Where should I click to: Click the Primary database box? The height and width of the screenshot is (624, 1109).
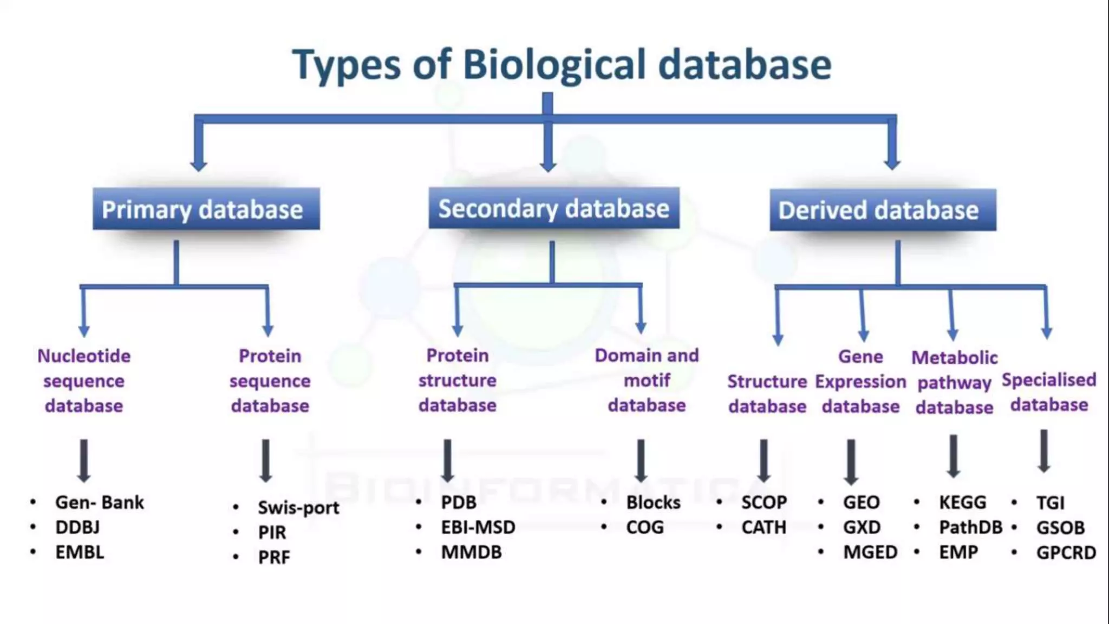click(x=206, y=209)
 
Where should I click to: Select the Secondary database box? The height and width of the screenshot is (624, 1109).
click(x=553, y=208)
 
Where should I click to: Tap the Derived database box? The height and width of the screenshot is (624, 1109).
click(x=883, y=210)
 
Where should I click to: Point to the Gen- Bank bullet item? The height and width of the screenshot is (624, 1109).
click(x=100, y=502)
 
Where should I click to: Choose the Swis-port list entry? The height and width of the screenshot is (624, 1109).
click(x=298, y=508)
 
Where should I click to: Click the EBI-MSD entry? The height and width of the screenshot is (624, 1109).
click(x=478, y=527)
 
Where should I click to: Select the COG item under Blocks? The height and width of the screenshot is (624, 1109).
click(x=644, y=527)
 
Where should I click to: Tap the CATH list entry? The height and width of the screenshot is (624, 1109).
click(x=764, y=527)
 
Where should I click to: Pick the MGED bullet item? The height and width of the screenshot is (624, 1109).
click(x=870, y=552)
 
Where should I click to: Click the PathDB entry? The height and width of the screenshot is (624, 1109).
click(x=970, y=527)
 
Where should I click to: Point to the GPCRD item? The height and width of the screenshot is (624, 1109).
click(x=1066, y=552)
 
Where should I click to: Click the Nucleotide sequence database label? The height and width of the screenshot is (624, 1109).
click(x=84, y=381)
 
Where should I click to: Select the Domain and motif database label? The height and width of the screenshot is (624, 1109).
click(x=647, y=380)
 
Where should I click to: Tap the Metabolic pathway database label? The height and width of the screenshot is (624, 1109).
click(x=954, y=382)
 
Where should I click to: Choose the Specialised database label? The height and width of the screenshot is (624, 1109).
click(x=1049, y=392)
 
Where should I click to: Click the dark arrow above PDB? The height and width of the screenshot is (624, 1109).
click(x=447, y=460)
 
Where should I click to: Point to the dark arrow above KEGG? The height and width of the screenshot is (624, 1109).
click(x=954, y=456)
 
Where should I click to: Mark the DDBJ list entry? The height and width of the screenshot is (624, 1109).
click(x=77, y=527)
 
